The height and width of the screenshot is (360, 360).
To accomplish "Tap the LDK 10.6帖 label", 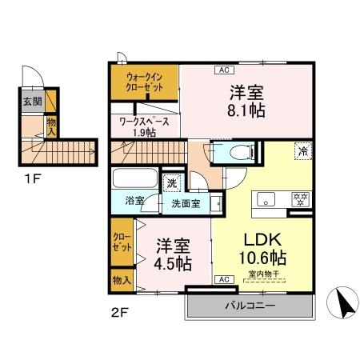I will tap(261, 248).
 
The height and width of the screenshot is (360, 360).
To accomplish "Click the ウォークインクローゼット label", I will tap(145, 82).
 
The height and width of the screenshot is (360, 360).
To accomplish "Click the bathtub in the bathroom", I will tap(136, 178).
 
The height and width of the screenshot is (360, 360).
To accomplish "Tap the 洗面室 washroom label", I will tap(186, 203).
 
